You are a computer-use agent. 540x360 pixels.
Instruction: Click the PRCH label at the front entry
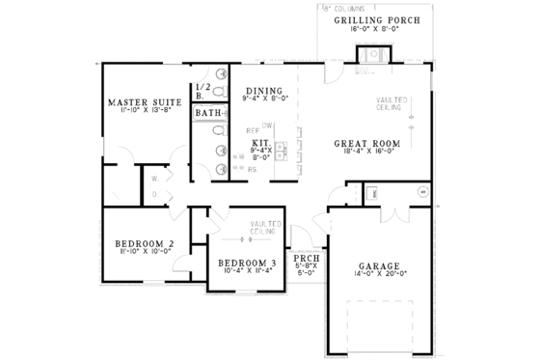click(x=306, y=260)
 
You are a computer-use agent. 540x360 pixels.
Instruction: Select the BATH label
click(x=207, y=114)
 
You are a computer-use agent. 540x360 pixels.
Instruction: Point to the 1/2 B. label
click(x=201, y=92)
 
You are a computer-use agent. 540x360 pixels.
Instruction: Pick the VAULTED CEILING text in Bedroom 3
click(x=264, y=228)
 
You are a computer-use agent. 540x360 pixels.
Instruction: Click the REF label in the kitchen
click(x=252, y=129)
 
